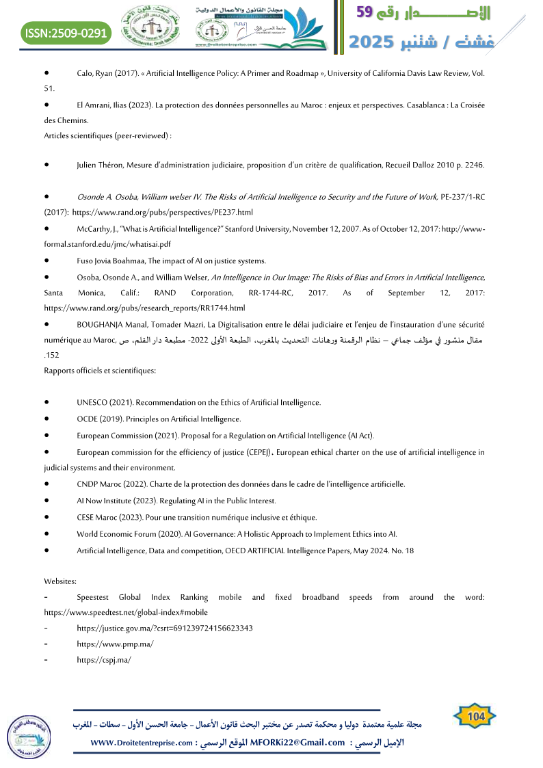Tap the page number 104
[x=475, y=716]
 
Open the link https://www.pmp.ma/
[x=115, y=644]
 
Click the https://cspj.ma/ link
[x=103, y=659]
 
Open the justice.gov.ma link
[x=165, y=628]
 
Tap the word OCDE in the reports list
[x=88, y=419]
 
